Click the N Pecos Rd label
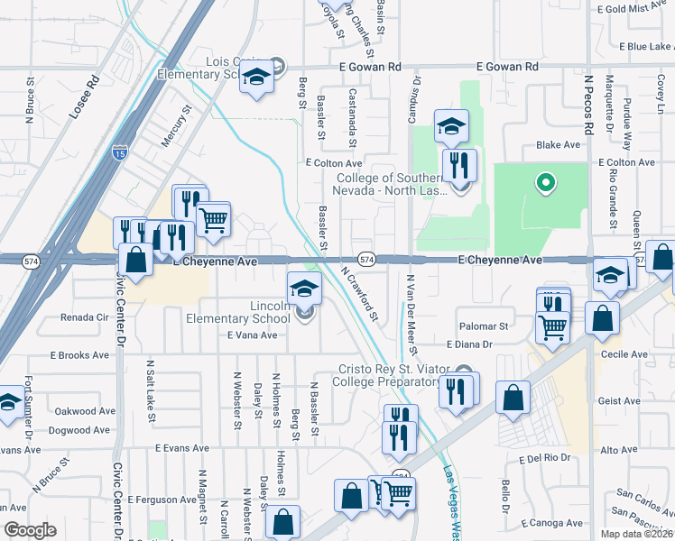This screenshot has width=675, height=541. [587, 104]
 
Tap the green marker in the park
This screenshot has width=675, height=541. [544, 184]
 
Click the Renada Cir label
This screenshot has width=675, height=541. [84, 317]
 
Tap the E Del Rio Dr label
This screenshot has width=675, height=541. [546, 458]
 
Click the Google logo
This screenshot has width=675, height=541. [29, 530]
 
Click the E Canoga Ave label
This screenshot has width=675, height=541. [551, 523]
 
